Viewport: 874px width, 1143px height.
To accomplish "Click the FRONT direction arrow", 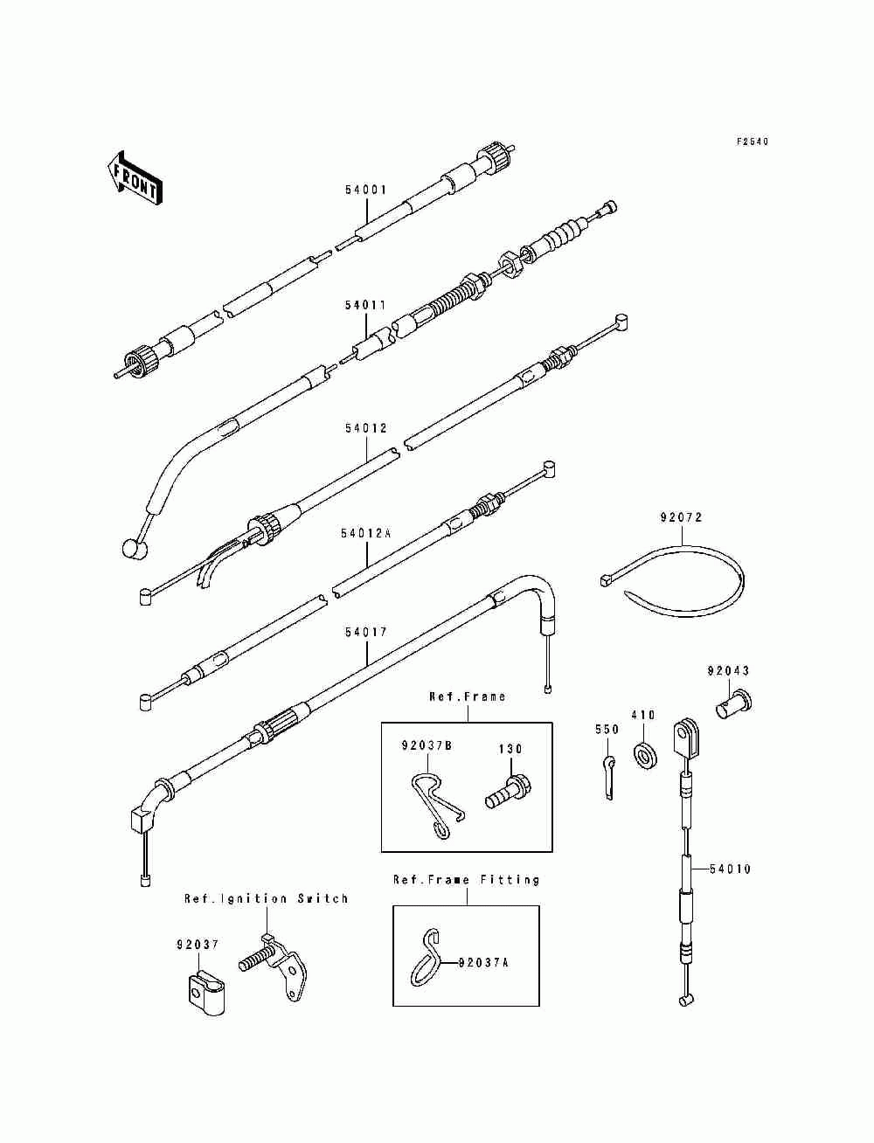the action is pyautogui.click(x=134, y=178).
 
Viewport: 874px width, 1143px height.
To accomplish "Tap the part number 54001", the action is pyautogui.click(x=366, y=190).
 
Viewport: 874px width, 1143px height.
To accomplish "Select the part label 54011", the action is pyautogui.click(x=365, y=305).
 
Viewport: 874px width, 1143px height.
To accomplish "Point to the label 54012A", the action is pyautogui.click(x=366, y=533).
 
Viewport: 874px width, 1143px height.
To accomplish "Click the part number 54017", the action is pyautogui.click(x=366, y=632).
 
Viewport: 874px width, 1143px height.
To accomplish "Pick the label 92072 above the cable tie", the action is pyautogui.click(x=681, y=517).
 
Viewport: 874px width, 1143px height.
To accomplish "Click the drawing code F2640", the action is pyautogui.click(x=753, y=142).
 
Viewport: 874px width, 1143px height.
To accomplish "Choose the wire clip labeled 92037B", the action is pyautogui.click(x=434, y=806).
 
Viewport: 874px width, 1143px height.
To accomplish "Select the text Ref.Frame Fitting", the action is pyautogui.click(x=466, y=879).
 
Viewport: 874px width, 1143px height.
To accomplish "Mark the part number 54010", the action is pyautogui.click(x=729, y=869).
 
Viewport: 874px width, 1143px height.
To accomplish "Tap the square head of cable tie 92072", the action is pyautogui.click(x=605, y=579).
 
